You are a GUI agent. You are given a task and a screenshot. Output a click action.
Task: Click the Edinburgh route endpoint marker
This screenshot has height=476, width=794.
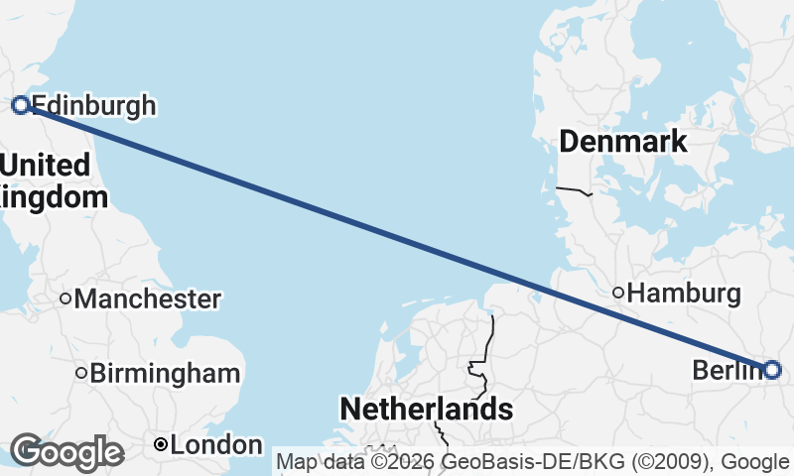[x=19, y=104]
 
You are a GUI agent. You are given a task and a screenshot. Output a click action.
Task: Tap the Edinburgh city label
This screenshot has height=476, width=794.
[x=94, y=105]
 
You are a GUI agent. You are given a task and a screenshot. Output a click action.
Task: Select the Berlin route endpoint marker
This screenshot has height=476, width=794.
[x=773, y=370]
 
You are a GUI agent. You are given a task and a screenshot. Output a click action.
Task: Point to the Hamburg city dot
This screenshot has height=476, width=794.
[x=617, y=293]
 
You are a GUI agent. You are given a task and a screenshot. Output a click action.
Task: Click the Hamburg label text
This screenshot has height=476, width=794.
[x=685, y=294]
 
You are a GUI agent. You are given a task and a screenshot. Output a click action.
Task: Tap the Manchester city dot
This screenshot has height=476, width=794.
[x=65, y=298]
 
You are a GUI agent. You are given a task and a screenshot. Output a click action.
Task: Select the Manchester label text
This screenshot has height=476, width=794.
[x=148, y=298]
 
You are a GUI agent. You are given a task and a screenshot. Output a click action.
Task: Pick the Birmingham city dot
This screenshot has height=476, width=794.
[x=81, y=374]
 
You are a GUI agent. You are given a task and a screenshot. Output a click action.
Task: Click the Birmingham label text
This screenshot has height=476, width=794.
[x=165, y=374]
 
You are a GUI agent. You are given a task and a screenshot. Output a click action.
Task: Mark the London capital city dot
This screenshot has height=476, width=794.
[x=160, y=446]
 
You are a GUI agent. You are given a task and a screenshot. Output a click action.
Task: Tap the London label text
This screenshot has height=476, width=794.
[x=216, y=446]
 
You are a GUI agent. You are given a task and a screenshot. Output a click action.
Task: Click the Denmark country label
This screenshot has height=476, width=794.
[x=622, y=141]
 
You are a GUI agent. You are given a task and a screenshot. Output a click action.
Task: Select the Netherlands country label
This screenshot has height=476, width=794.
[x=426, y=409]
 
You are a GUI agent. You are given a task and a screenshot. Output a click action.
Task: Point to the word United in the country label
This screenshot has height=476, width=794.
[x=46, y=165]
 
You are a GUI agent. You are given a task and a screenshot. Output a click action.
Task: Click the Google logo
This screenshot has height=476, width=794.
[x=67, y=451]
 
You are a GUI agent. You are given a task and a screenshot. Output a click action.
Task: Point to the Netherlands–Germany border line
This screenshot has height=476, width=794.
[x=488, y=342]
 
